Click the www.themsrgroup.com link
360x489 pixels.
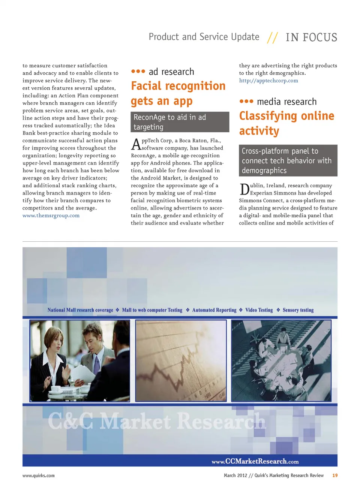51,215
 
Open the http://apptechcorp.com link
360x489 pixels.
268,81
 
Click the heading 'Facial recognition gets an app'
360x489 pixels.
178,93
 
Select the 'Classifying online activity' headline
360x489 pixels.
286,123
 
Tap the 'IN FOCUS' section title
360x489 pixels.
311,37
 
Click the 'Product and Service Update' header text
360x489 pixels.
204,37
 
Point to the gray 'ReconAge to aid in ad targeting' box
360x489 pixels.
180,122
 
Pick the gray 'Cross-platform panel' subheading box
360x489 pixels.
288,161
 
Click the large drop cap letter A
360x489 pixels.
136,144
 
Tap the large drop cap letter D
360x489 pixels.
244,189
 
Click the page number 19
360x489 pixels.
335,476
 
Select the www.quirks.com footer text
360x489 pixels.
38,476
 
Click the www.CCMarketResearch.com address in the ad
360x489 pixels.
255,461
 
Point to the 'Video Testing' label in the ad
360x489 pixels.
259,310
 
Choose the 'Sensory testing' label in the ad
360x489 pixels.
298,310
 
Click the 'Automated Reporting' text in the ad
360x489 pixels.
214,310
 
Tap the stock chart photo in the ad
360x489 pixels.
181,360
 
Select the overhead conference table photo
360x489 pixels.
281,360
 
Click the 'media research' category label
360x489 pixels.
286,102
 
